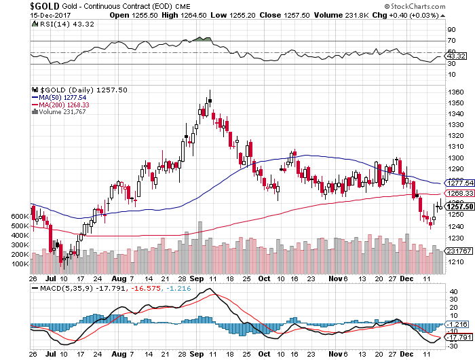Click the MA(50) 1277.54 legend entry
tap(61, 97)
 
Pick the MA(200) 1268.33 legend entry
tap(63, 105)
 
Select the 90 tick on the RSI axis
tap(451, 30)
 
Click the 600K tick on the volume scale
tap(20, 216)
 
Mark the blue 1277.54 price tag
tap(458, 183)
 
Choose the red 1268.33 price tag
tap(458, 194)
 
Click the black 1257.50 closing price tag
tap(458, 207)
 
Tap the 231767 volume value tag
tap(458, 251)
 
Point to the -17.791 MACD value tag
tap(458, 338)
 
